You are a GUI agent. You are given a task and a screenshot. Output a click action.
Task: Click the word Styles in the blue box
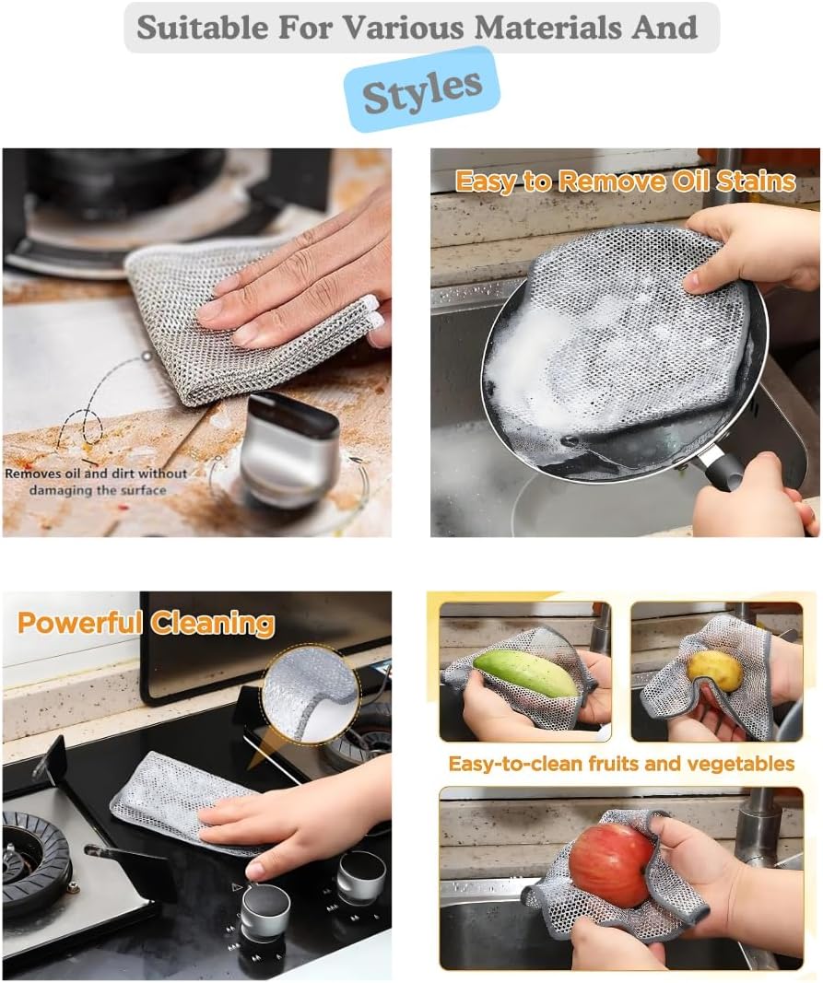422,89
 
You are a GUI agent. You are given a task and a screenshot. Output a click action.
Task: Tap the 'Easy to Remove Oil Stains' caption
626,181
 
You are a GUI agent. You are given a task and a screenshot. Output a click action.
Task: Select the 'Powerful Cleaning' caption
146,623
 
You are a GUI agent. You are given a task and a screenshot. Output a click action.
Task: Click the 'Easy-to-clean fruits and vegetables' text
621,764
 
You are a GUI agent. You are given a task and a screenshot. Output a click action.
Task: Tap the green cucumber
525,673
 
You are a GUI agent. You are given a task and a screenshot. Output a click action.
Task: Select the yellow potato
715,671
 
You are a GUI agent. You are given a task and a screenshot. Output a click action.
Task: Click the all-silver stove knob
360,876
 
